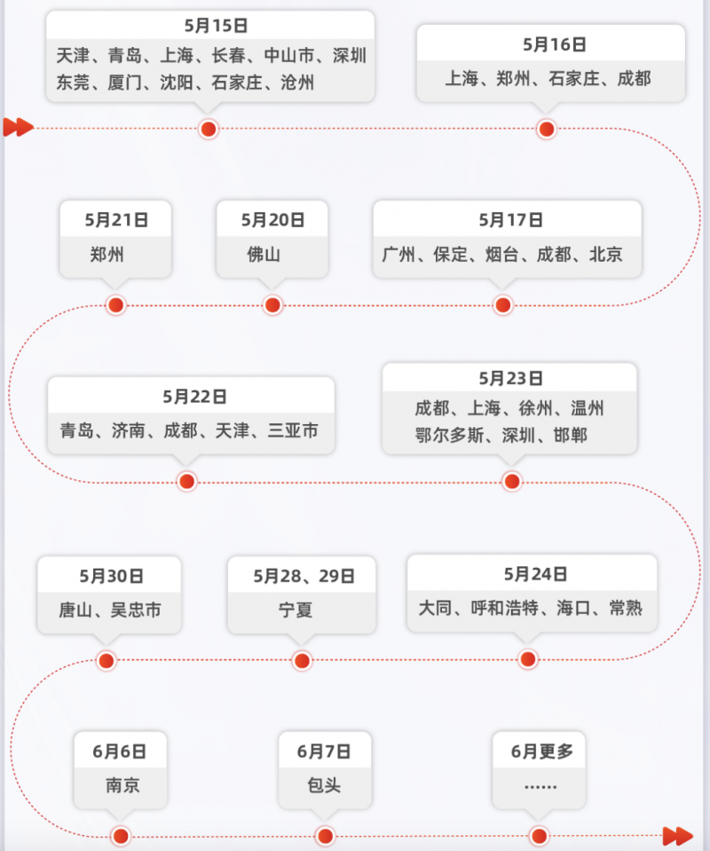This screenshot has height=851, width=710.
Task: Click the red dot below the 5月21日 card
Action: [115, 305]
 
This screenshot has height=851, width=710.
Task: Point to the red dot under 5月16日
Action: [547, 130]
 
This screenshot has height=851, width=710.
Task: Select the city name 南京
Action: [122, 786]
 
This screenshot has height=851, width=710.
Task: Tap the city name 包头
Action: [324, 786]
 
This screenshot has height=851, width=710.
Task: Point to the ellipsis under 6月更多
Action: [540, 787]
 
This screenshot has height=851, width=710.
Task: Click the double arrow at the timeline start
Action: [18, 128]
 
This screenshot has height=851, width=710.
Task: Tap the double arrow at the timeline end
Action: [678, 835]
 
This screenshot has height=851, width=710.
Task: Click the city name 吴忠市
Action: [136, 610]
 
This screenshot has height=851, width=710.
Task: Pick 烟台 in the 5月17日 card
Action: [502, 255]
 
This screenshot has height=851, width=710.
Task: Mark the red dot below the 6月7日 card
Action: [325, 836]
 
